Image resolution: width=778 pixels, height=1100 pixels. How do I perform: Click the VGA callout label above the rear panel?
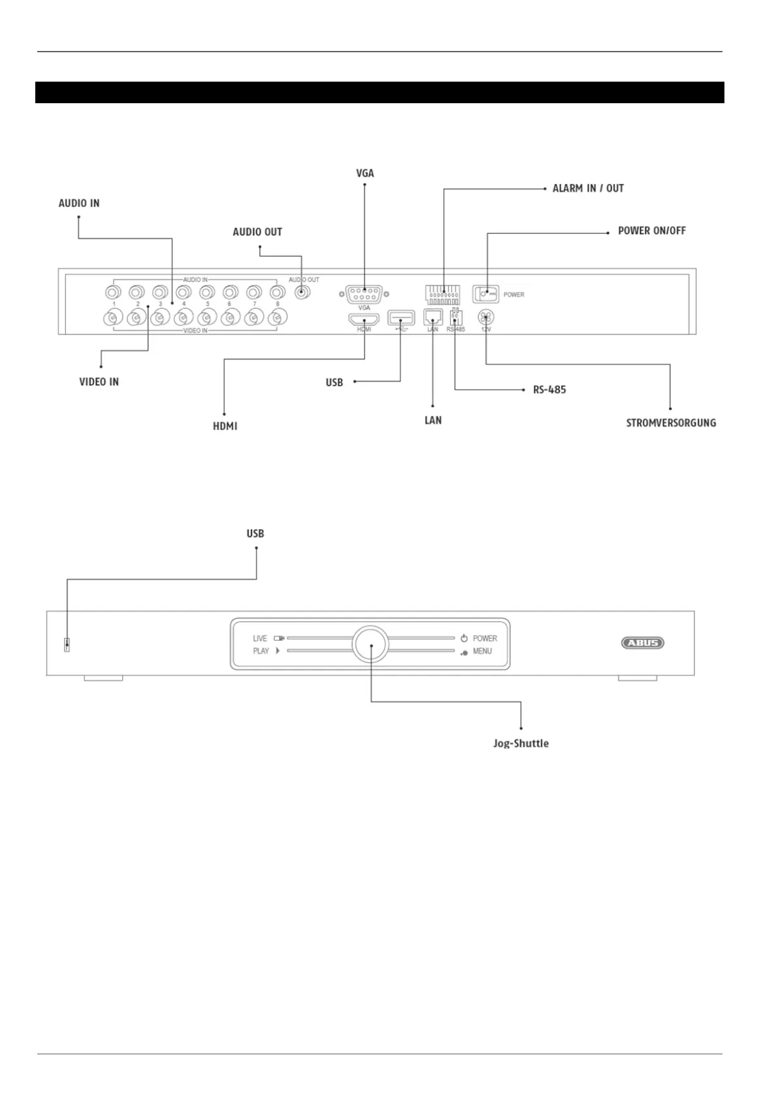pyautogui.click(x=365, y=173)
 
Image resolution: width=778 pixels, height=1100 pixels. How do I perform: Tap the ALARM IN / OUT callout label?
pyautogui.click(x=588, y=188)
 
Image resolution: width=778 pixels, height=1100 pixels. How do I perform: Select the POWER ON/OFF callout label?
pyautogui.click(x=651, y=231)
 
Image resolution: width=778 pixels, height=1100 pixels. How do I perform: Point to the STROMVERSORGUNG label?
pyautogui.click(x=671, y=423)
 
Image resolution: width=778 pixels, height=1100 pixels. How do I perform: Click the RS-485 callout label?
pyautogui.click(x=549, y=389)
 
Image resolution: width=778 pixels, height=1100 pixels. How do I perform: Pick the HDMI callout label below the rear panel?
pyautogui.click(x=225, y=426)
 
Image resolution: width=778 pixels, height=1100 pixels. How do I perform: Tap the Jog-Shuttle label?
pyautogui.click(x=521, y=743)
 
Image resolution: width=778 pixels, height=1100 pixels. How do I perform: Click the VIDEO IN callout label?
pyautogui.click(x=99, y=381)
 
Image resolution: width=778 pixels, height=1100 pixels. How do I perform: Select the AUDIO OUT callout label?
pyautogui.click(x=257, y=232)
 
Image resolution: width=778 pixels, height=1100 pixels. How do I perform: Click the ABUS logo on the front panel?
pyautogui.click(x=642, y=643)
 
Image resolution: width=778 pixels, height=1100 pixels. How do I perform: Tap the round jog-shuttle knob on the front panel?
pyautogui.click(x=370, y=645)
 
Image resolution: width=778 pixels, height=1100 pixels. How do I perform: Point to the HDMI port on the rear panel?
pyautogui.click(x=364, y=319)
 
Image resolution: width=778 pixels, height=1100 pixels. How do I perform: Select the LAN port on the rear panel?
pyautogui.click(x=432, y=317)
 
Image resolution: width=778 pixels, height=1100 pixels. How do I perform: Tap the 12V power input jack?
pyautogui.click(x=486, y=318)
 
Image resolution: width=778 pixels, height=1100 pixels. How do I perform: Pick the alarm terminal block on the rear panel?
pyautogui.click(x=443, y=295)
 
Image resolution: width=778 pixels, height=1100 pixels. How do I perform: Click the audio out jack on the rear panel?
pyautogui.click(x=300, y=292)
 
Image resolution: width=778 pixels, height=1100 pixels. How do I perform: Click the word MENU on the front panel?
pyautogui.click(x=482, y=651)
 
